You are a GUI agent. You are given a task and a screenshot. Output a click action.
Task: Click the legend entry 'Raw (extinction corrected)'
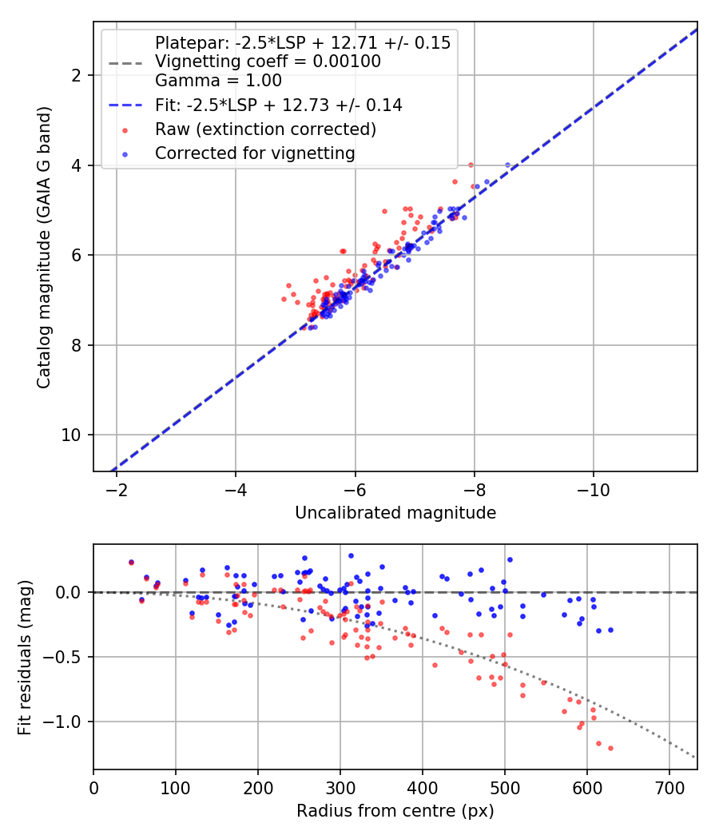pos(265,129)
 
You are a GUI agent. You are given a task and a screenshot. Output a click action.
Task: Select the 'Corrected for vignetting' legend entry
pos(255,153)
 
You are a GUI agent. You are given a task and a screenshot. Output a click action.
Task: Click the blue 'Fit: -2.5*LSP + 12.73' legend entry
pos(278,105)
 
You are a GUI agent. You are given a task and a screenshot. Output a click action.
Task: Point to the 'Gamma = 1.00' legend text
pos(218,81)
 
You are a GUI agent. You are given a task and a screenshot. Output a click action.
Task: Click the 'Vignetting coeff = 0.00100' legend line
pos(268,62)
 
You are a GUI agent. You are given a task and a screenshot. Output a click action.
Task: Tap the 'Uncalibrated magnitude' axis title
pos(395,513)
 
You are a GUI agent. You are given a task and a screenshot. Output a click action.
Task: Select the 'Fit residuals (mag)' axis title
pos(25,657)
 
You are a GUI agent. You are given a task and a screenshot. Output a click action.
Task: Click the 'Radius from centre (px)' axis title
pos(395,811)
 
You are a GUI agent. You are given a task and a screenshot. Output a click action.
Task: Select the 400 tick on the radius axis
pos(422,789)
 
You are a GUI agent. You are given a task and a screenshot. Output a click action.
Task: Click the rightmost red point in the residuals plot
pos(610,748)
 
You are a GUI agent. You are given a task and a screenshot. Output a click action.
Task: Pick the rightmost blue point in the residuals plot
pos(610,630)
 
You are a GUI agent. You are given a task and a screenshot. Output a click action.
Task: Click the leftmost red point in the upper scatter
pos(284,299)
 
